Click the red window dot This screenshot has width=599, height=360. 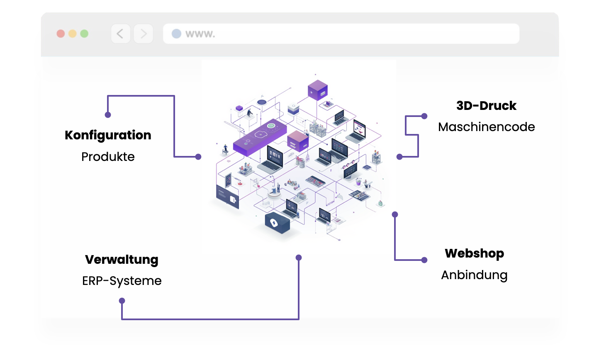click(61, 34)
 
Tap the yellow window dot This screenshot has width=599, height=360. click(73, 34)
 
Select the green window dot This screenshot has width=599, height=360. click(84, 34)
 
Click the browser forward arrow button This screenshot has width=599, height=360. click(144, 34)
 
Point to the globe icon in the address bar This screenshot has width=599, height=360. click(176, 34)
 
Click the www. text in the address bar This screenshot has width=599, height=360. click(200, 34)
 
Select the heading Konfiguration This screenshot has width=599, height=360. click(108, 135)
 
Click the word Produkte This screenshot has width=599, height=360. click(108, 157)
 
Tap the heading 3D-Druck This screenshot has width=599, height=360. click(486, 106)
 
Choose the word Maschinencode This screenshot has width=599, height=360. click(486, 127)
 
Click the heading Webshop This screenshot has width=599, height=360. click(474, 253)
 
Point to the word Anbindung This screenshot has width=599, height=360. click(474, 275)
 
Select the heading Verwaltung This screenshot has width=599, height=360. click(122, 260)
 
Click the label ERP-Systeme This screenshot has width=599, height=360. click(122, 281)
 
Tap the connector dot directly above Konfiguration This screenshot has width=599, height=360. click(108, 115)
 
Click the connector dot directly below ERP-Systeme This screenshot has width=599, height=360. click(122, 301)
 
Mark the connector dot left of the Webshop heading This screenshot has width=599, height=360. click(424, 260)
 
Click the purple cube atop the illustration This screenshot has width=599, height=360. click(318, 90)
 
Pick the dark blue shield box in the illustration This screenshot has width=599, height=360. click(277, 223)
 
